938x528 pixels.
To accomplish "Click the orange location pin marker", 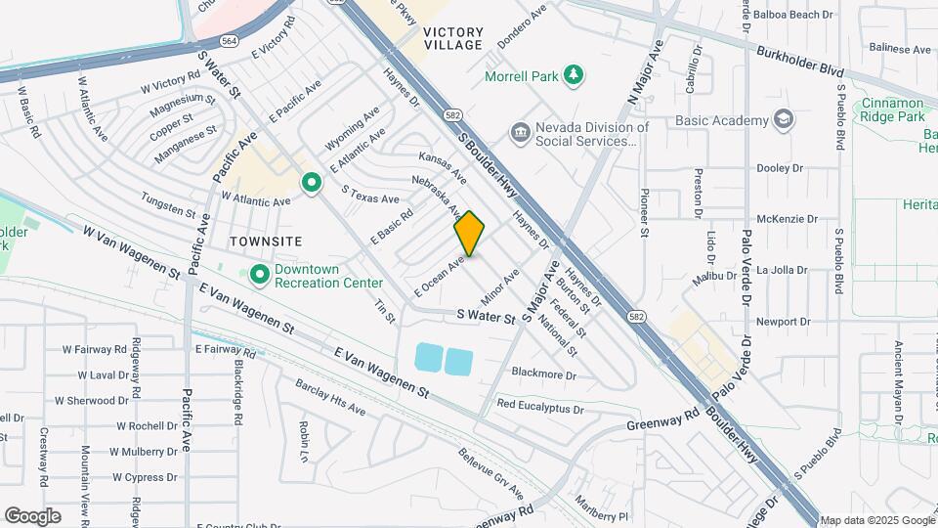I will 470,234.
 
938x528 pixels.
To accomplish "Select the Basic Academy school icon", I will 783,120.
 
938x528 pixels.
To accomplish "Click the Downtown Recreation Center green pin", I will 260,275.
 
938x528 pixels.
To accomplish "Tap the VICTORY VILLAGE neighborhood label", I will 453,38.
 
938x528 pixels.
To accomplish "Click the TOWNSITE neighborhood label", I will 266,241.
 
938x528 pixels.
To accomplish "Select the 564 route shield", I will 229,40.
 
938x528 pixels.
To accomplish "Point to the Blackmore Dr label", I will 544,373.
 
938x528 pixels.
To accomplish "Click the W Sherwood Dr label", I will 92,400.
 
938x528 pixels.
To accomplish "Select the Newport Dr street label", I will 784,321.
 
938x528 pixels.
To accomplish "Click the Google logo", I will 32,516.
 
